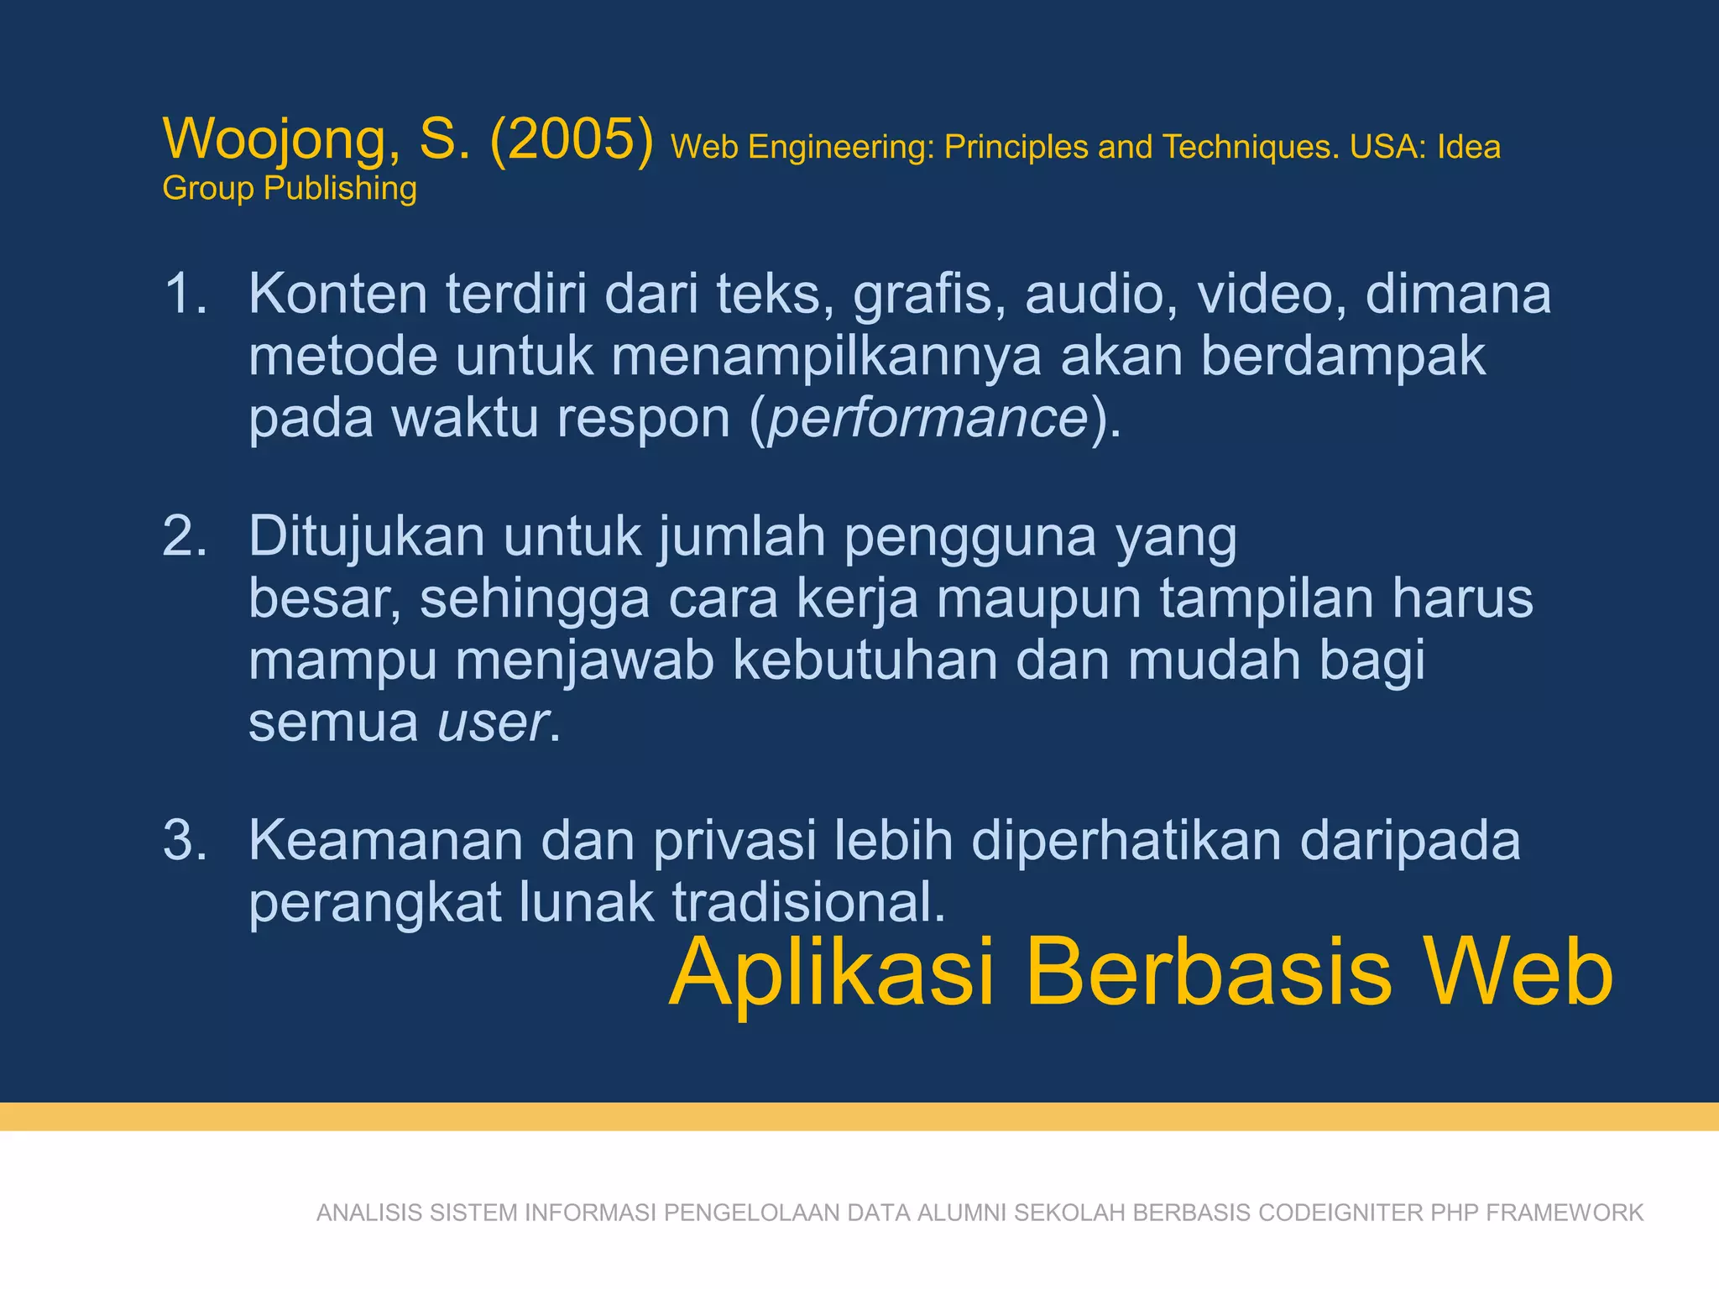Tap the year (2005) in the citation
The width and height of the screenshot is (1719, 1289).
pos(571,139)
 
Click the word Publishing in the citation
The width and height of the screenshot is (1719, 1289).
pos(340,189)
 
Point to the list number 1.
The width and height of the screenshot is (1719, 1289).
pos(184,295)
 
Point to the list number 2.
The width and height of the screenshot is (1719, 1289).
pos(184,536)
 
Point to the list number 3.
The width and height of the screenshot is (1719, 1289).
pos(184,840)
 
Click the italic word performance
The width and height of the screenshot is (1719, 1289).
pos(928,418)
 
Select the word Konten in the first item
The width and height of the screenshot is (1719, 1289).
pos(337,295)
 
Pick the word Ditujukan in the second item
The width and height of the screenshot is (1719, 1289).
pos(367,536)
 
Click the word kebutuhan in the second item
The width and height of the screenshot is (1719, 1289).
pos(865,660)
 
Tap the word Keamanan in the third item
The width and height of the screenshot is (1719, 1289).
pos(384,840)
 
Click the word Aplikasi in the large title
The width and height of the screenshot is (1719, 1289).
pos(832,973)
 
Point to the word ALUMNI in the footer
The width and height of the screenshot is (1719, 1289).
pos(962,1213)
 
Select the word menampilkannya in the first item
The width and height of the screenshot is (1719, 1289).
pos(826,357)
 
